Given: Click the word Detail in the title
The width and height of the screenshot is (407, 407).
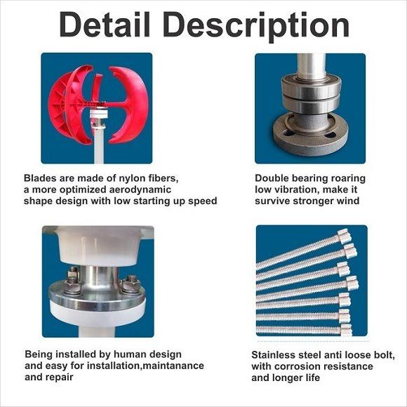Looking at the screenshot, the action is (x=105, y=24).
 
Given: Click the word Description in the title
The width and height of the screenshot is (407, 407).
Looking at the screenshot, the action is (x=256, y=27).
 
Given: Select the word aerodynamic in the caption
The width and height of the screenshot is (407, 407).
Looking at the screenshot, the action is (x=140, y=189).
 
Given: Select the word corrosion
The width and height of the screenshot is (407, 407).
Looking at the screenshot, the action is (x=296, y=366).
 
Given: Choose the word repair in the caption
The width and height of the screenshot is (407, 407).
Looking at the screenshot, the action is (x=60, y=378).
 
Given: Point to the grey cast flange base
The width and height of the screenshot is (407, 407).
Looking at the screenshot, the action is (x=311, y=134).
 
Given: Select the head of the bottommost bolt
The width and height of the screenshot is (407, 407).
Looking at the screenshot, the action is (x=346, y=331).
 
